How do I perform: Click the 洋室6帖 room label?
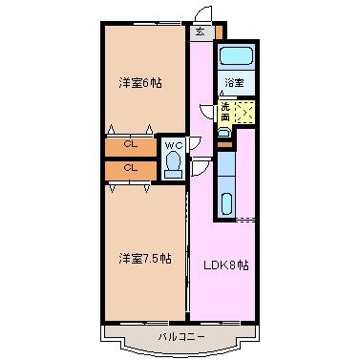tap(140, 83)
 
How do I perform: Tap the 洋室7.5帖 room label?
tap(145, 259)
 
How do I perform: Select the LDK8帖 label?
tap(226, 265)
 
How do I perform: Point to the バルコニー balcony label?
tap(181, 337)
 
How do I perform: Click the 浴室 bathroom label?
tap(234, 83)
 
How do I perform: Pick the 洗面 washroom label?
tap(225, 112)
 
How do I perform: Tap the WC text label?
tap(174, 146)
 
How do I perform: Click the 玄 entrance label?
tap(200, 32)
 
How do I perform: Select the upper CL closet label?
tap(131, 144)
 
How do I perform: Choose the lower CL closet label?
tap(131, 167)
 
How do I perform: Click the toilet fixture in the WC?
tap(174, 164)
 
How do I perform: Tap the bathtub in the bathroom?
tap(236, 56)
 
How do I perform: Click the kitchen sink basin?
tap(227, 203)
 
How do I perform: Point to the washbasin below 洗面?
tap(223, 132)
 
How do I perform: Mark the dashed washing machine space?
tap(244, 112)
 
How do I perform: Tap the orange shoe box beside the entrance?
tap(219, 32)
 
